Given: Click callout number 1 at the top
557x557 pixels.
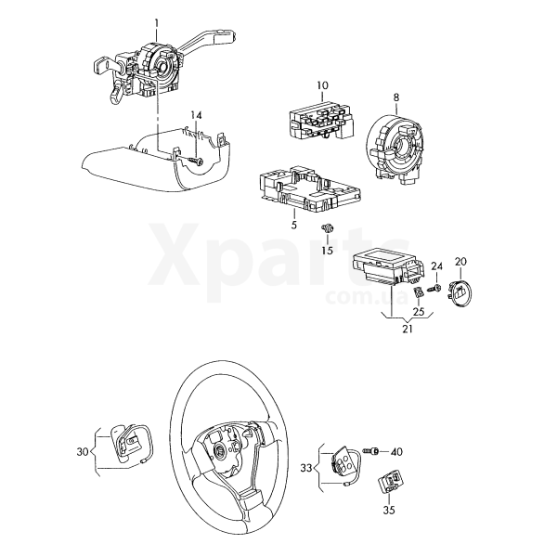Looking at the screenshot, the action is pos(157,24).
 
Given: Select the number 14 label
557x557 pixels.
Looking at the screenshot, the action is pos(196,115).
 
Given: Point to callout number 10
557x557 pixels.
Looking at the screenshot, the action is pos(322,85).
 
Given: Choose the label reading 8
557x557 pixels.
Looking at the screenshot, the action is pos(396,97).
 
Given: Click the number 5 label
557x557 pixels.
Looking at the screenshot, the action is pos(293,225).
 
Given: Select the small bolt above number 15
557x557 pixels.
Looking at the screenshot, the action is pos(327,228).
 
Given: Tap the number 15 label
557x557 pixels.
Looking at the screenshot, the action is pos(327,250).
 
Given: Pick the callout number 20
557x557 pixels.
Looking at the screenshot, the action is pos(460,262).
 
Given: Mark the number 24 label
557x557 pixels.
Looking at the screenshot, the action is pos(437,266).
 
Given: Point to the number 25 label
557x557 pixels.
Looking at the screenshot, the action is pos(419,311).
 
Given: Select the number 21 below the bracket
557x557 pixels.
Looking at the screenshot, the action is pos(408,329).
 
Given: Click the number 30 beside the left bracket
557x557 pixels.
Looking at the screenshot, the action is pos(83,452).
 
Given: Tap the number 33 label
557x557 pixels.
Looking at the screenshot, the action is pos(305,468).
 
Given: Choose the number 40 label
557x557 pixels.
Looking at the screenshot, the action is pos(396,452).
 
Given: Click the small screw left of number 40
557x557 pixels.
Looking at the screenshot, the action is pos(371,451).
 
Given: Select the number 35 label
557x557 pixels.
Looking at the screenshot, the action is pos(389,510).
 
